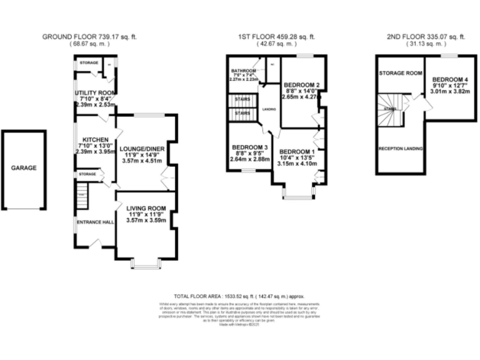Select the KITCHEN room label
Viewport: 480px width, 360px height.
pos(92,139)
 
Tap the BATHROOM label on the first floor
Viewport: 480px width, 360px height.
pos(242,71)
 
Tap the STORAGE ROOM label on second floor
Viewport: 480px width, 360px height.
pos(398,74)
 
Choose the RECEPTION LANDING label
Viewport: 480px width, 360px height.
pos(400,149)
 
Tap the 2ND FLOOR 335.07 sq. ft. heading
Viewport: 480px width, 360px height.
pos(427,37)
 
